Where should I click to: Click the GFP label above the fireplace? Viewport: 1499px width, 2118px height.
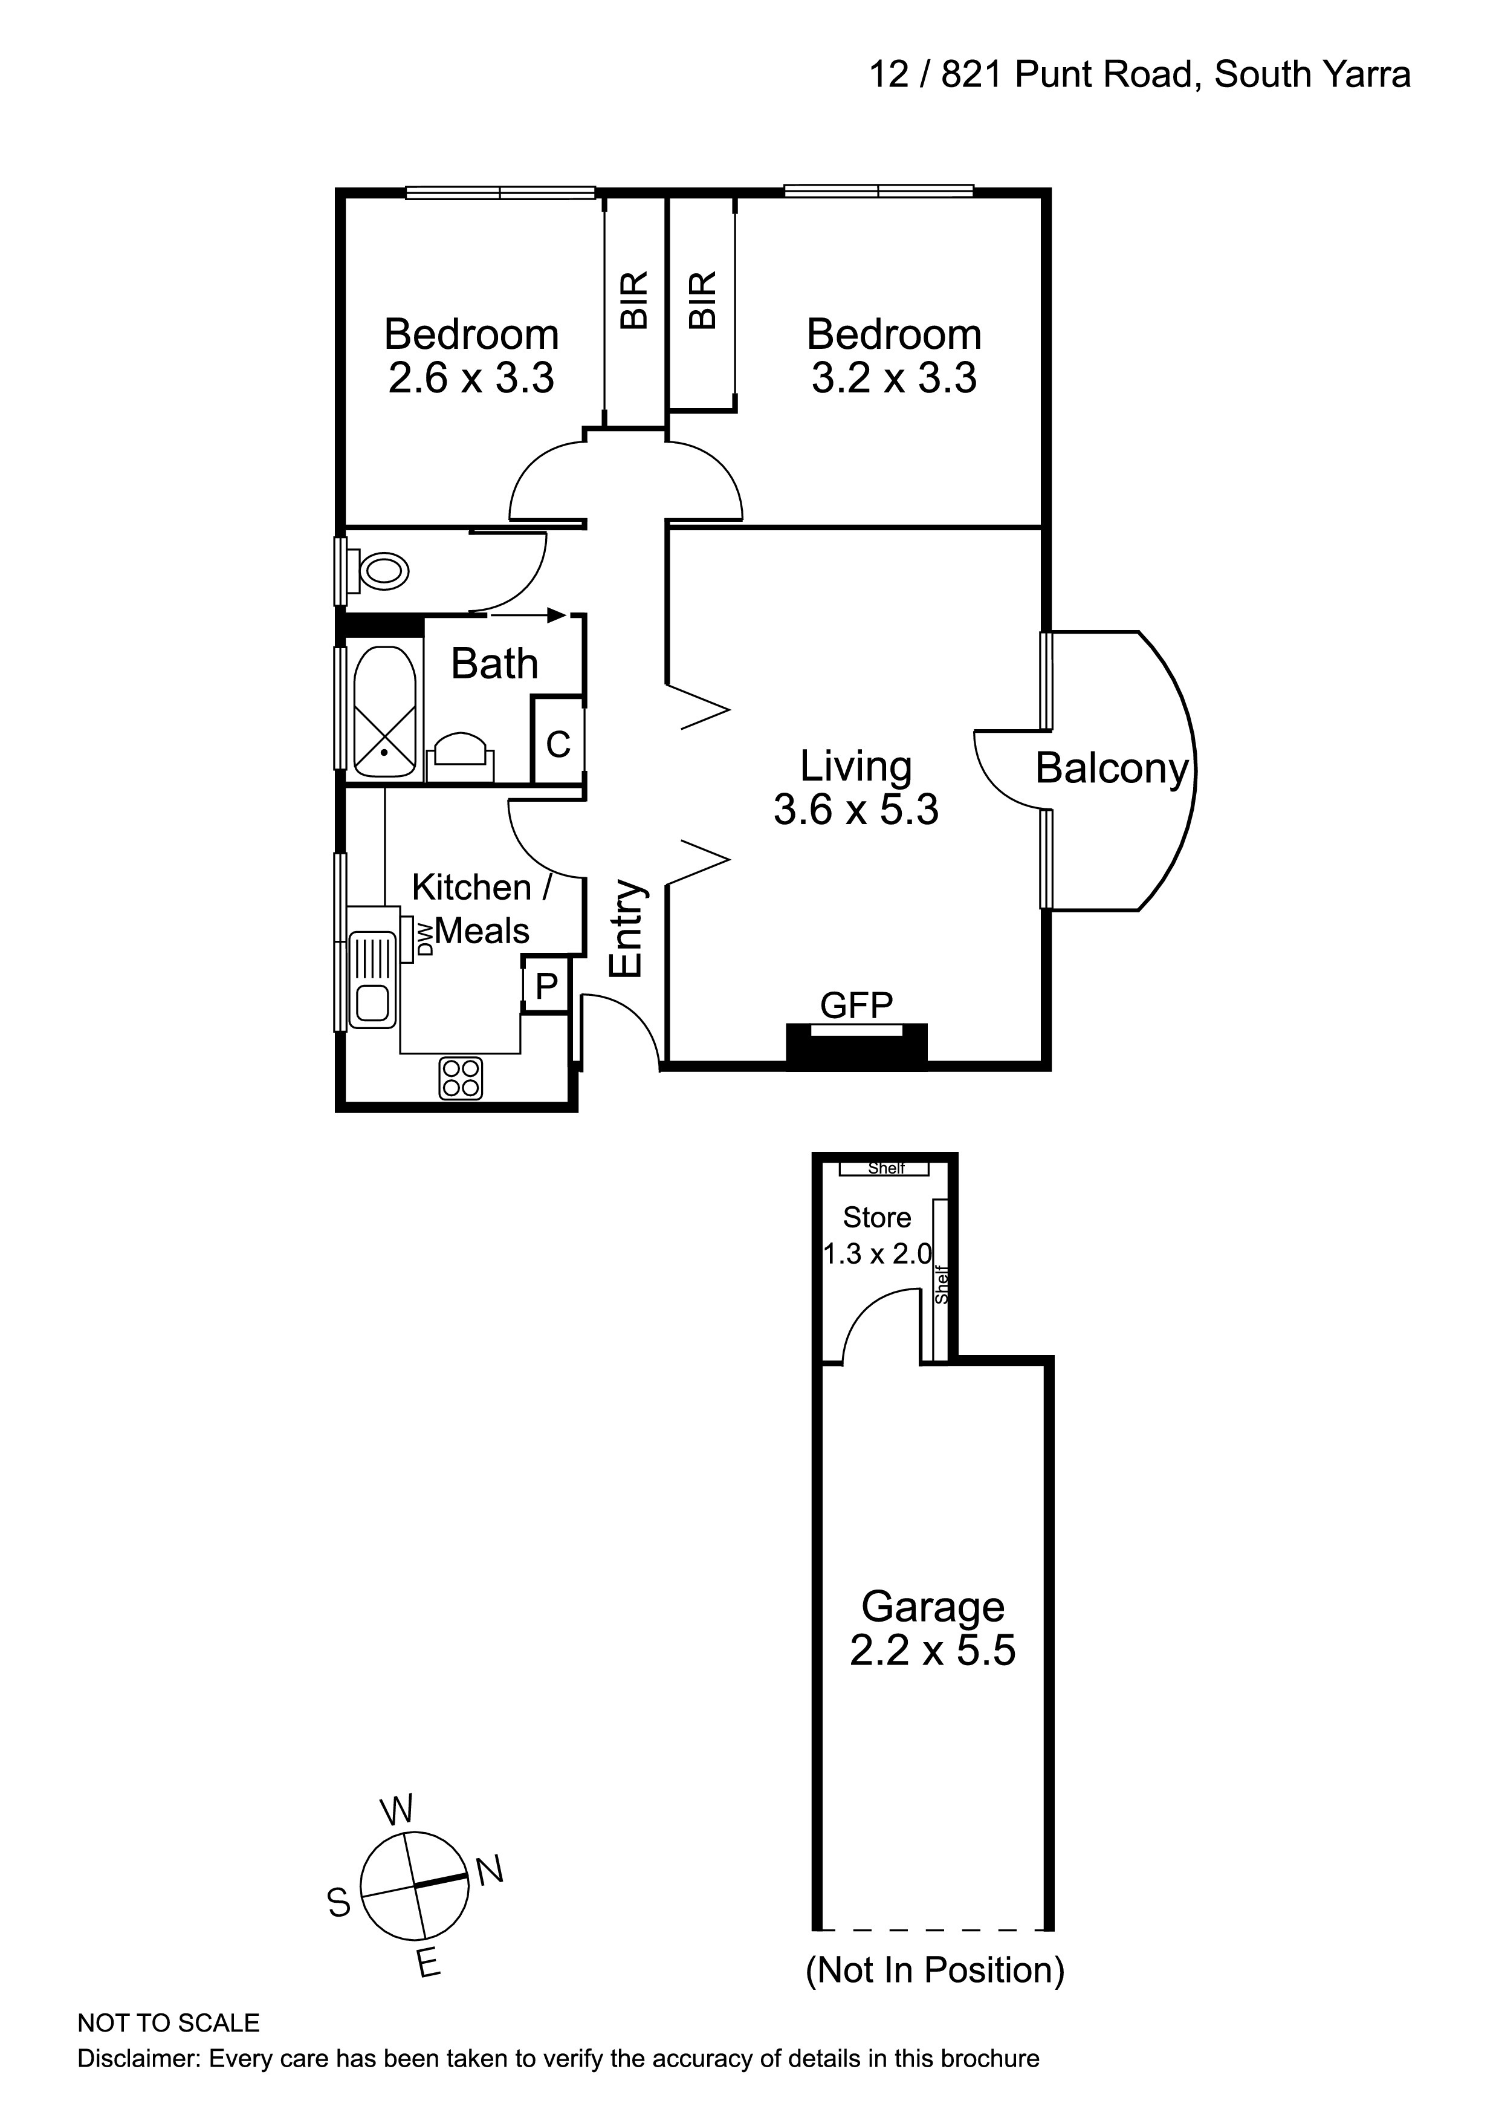point(856,1005)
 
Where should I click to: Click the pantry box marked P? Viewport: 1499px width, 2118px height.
point(546,987)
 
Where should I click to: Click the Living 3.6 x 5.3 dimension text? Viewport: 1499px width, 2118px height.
point(856,810)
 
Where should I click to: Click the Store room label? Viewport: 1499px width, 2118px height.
point(877,1218)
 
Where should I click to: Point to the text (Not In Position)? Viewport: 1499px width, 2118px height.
point(934,1970)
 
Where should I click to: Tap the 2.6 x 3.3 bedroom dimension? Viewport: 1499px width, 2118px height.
point(471,378)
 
